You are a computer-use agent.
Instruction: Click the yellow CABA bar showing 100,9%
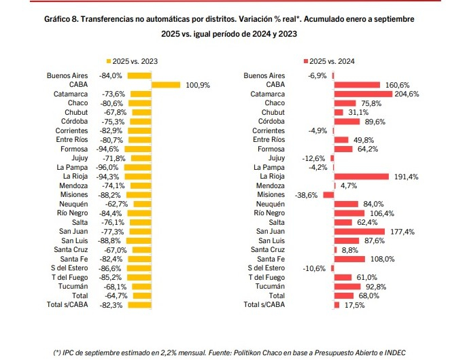[x=166, y=85]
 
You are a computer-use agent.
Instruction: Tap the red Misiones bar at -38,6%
[x=328, y=195]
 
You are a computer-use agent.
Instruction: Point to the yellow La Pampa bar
[x=137, y=168]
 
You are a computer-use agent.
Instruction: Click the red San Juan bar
[x=359, y=232]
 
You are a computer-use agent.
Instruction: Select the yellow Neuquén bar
[x=142, y=204]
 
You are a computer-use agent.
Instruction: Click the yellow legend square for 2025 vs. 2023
[x=109, y=61]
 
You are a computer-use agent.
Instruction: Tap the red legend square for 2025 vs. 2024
[x=306, y=61]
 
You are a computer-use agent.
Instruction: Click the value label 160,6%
[x=397, y=85]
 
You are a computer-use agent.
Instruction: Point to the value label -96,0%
[x=107, y=168]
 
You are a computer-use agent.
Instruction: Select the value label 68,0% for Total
[x=369, y=295]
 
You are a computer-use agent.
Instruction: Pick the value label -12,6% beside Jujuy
[x=313, y=158]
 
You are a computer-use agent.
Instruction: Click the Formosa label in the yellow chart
[x=74, y=149]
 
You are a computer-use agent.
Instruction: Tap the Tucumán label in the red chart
[x=270, y=286]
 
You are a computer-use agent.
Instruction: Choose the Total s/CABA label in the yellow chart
[x=67, y=305]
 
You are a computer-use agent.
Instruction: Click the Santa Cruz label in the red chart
[x=268, y=249]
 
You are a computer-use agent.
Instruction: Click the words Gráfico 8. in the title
[x=61, y=19]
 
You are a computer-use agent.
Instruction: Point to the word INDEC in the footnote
[x=395, y=353]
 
